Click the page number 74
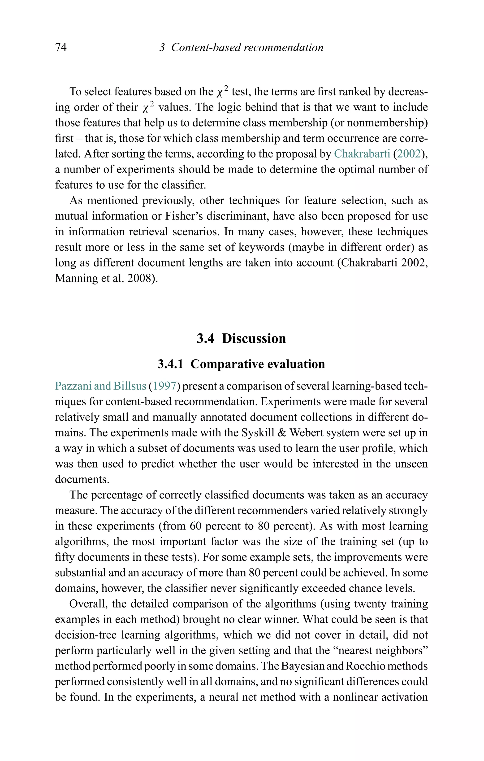(61, 47)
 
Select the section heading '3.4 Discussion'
(241, 338)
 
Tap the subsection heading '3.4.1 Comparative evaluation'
(241, 364)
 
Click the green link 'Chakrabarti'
(362, 154)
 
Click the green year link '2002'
(409, 154)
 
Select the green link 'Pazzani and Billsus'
(100, 386)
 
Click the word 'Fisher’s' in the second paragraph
(179, 216)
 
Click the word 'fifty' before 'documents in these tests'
(65, 557)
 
